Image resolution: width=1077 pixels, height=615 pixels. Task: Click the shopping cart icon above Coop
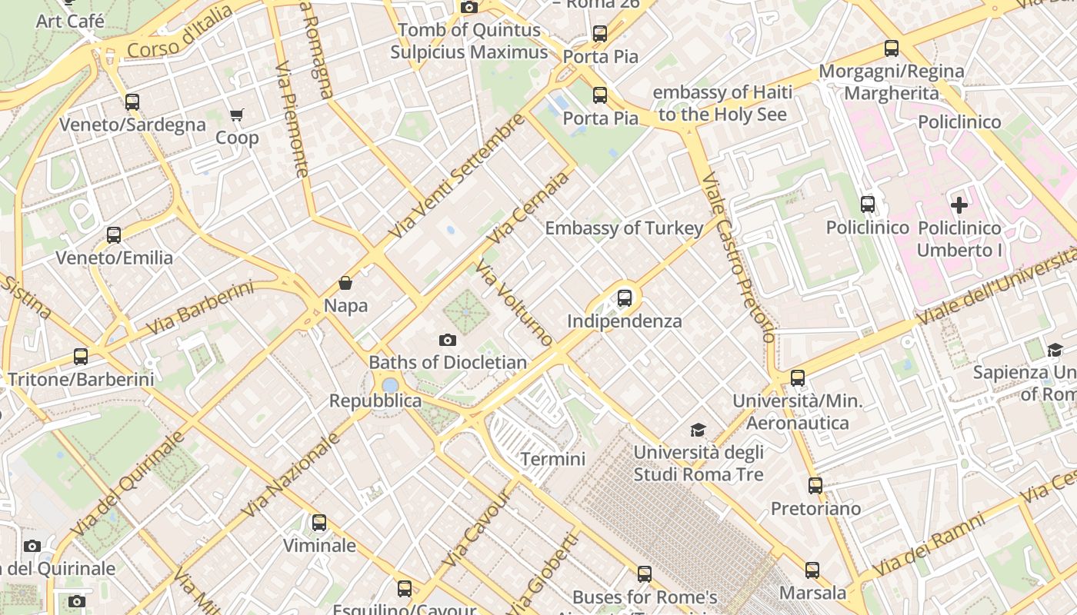(x=236, y=115)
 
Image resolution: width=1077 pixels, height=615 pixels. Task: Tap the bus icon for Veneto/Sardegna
(x=132, y=101)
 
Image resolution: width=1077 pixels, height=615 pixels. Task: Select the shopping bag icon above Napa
(x=345, y=283)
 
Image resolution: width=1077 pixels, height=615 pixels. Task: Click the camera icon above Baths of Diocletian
(x=447, y=340)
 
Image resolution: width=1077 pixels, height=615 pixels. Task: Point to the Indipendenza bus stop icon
(x=625, y=298)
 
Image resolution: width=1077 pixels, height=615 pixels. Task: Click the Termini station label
(x=552, y=459)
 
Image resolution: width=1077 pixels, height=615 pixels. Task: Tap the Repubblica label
(x=375, y=401)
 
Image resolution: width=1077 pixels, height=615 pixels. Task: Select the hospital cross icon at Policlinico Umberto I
(x=959, y=205)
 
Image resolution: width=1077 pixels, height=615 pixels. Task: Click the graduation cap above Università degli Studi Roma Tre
(x=698, y=430)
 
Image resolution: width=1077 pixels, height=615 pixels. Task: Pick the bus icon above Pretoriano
(x=815, y=486)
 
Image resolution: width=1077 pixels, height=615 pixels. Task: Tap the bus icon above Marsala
(x=812, y=570)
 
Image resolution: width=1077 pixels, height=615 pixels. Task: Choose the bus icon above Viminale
(x=319, y=523)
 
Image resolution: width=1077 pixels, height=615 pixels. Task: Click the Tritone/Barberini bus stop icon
(x=81, y=356)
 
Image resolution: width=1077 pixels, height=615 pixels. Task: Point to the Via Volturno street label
(x=514, y=302)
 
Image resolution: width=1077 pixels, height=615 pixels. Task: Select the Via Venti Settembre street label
(x=457, y=177)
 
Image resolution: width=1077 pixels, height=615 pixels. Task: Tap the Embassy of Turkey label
(x=624, y=228)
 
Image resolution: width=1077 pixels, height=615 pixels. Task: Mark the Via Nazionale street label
(x=291, y=474)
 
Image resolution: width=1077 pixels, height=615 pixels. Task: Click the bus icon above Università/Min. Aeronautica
(x=798, y=378)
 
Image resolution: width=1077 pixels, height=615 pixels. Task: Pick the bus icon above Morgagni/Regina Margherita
(x=892, y=48)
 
